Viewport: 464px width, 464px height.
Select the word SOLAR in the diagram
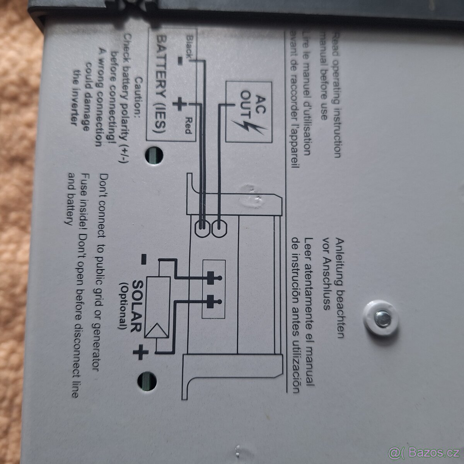[137, 306]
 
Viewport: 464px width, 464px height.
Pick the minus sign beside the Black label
[180, 61]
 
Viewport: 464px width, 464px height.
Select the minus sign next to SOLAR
[143, 259]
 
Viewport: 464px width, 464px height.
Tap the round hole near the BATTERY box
[154, 156]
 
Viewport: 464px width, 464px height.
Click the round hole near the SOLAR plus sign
[147, 381]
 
